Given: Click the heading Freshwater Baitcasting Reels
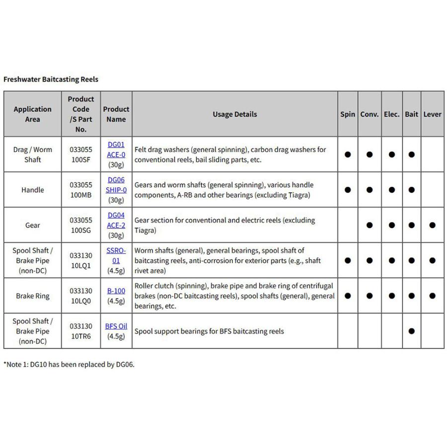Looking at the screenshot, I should tap(51, 79).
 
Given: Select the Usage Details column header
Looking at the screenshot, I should tap(235, 114).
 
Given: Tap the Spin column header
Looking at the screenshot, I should tap(348, 114).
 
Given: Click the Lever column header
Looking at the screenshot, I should tap(432, 114).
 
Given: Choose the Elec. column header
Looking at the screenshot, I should tap(391, 114).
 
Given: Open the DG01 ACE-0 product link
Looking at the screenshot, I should tap(116, 149).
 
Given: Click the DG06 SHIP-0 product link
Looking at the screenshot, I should tap(116, 185).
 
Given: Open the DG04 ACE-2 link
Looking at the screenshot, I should tap(116, 220).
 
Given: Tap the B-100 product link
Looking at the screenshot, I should tap(116, 291).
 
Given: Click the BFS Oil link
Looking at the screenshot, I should tap(116, 326).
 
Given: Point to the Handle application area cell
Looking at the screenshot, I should tap(33, 190).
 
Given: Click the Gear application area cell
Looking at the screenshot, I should tap(33, 225).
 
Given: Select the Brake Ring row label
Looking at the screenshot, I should tap(32, 296).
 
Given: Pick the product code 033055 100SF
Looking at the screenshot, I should tap(81, 154).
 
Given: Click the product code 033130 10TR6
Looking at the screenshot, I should tap(81, 331).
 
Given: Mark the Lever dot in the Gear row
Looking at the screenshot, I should tap(432, 225).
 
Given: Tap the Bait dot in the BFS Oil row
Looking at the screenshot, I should tap(411, 331).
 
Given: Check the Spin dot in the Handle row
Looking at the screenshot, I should tap(348, 190).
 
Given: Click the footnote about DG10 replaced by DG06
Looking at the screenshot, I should tap(69, 364).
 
